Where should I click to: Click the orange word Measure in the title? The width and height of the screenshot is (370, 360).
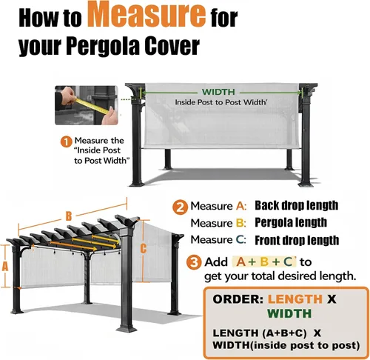[x=147, y=14]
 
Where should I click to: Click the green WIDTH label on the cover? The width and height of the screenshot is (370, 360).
[x=218, y=92]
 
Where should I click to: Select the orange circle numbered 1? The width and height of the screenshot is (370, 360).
[x=66, y=142]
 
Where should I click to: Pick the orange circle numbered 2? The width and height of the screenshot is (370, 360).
[x=180, y=207]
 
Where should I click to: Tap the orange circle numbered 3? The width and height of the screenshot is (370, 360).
[x=194, y=262]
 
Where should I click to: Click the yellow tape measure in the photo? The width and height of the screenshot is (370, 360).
[x=92, y=105]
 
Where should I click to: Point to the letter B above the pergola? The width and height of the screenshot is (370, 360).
[x=69, y=216]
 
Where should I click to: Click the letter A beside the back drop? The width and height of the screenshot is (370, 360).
[x=5, y=267]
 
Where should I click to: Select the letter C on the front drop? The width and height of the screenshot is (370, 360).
[x=144, y=248]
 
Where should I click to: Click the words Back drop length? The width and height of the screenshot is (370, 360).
[x=296, y=205]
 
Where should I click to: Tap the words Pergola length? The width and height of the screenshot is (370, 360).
[x=291, y=223]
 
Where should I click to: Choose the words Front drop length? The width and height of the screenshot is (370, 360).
[x=297, y=240]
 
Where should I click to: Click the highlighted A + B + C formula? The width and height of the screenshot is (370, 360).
[x=264, y=261]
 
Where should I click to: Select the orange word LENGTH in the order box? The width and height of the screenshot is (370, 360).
[x=295, y=299]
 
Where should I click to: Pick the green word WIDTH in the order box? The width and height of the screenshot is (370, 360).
[x=289, y=313]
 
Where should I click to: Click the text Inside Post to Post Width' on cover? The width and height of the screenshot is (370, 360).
[x=221, y=102]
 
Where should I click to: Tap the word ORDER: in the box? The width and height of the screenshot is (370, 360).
[x=238, y=299]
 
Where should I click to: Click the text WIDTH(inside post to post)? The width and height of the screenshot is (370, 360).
[x=286, y=345]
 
